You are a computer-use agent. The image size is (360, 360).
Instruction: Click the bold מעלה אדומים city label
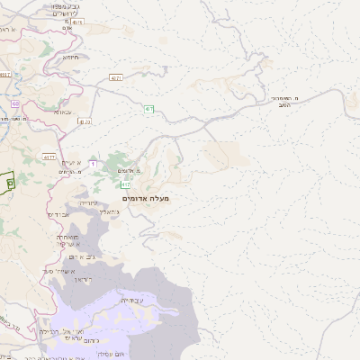click(x=145, y=198)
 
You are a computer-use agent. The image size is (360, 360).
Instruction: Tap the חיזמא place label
click(x=71, y=58)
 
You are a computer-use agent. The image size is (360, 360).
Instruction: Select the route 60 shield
click(x=15, y=103)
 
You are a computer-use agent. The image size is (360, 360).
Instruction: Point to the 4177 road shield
click(x=49, y=157)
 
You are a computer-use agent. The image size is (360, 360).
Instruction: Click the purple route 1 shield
click(x=92, y=163)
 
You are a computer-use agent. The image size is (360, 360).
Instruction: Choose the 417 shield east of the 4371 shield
click(x=149, y=109)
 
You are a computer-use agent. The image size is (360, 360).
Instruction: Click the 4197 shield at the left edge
click(x=5, y=75)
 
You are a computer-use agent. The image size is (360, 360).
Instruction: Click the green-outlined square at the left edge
click(x=9, y=181)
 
